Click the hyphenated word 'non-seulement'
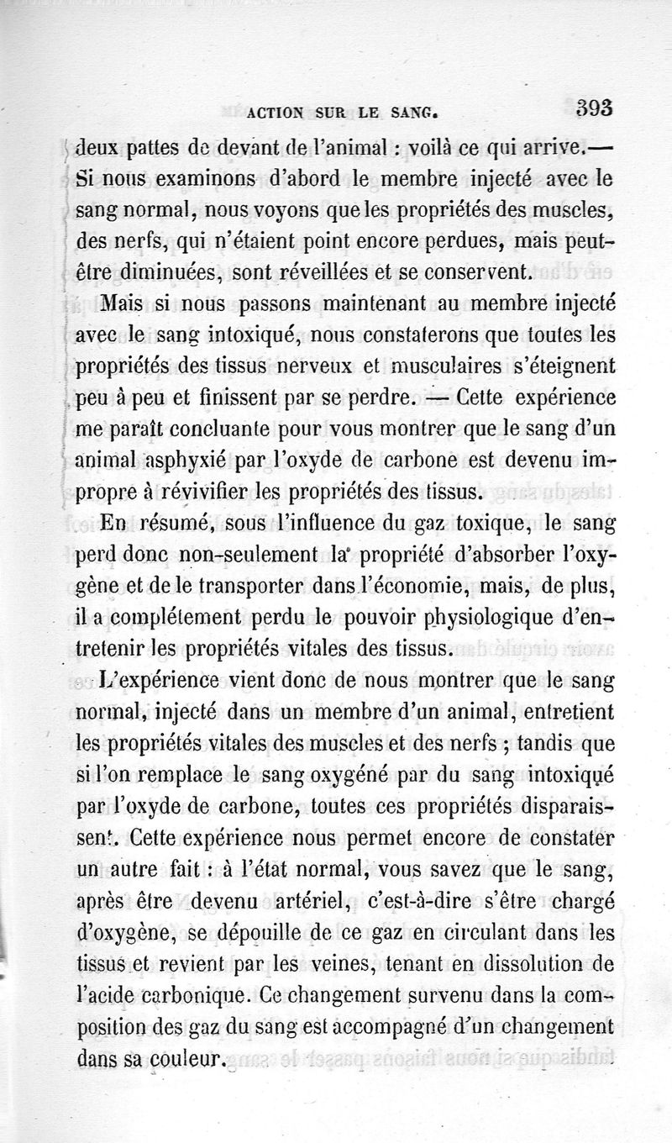[237, 555]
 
